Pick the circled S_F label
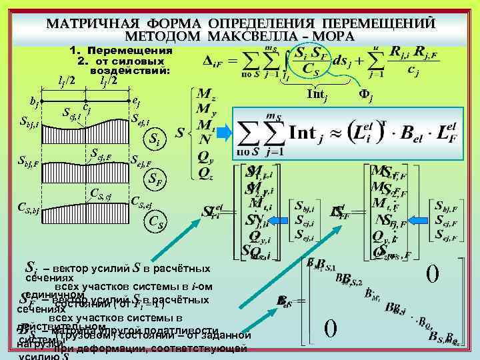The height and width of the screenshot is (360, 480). click(x=154, y=179)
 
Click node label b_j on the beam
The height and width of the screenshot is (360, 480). click(x=33, y=101)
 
